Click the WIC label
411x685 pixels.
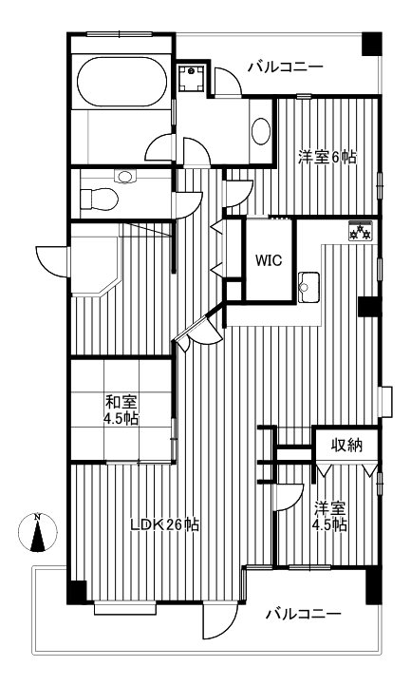click(x=267, y=259)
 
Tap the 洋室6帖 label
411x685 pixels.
click(x=327, y=158)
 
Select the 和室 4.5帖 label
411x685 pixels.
click(x=122, y=409)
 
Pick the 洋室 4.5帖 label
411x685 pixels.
click(x=330, y=516)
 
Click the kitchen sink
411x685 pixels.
click(x=308, y=284)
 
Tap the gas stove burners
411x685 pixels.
click(x=360, y=231)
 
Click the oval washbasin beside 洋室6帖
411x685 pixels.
click(x=261, y=132)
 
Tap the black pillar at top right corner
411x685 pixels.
click(x=372, y=43)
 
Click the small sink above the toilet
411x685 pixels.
click(x=123, y=176)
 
